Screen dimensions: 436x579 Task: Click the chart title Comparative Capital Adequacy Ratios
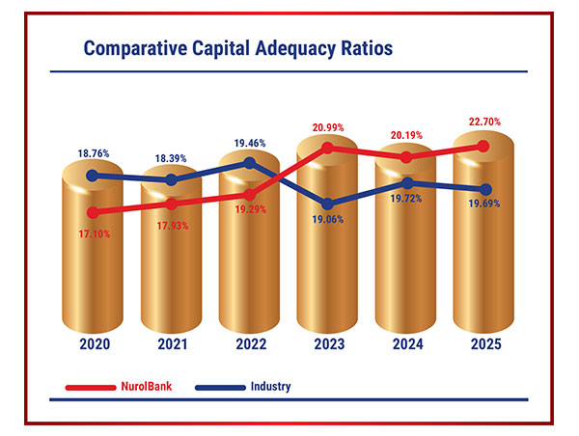[238, 48]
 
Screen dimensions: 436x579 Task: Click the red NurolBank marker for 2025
[484, 145]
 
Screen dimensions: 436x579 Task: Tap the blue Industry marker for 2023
[328, 204]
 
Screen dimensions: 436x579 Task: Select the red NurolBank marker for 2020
[93, 211]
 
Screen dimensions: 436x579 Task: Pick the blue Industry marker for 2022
[250, 163]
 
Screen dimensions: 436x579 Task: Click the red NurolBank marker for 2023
[328, 148]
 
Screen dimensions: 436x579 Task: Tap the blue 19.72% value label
[407, 199]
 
